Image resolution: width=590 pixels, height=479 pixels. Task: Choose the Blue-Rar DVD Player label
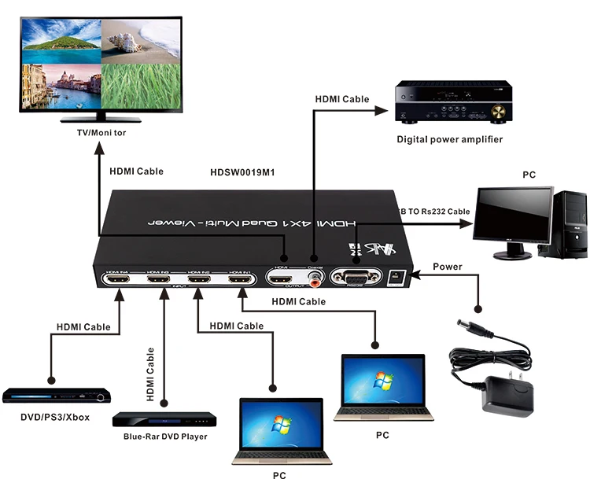(165, 437)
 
